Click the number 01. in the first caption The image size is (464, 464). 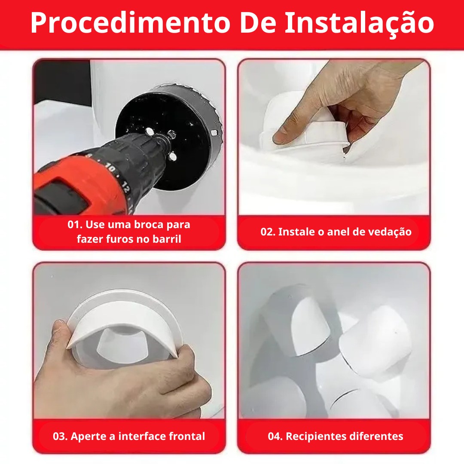[76, 225]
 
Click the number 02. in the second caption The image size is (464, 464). [268, 232]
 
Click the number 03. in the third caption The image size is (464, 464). [60, 437]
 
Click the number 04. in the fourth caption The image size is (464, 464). [275, 437]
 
